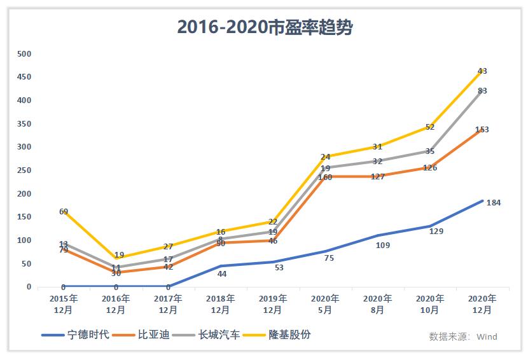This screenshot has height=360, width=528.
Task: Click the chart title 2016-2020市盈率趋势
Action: [x=265, y=27]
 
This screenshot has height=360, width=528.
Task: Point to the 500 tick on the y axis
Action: [x=24, y=54]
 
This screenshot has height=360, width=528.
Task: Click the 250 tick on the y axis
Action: [x=24, y=170]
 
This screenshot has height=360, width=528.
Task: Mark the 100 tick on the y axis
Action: [x=24, y=240]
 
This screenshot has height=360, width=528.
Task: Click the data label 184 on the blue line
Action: [x=494, y=203]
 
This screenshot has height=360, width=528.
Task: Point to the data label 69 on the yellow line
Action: [x=64, y=211]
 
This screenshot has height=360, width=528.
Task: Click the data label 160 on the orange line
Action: [x=325, y=177]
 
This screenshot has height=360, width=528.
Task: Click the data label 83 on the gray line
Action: [x=482, y=91]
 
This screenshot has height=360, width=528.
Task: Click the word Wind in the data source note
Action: [x=487, y=336]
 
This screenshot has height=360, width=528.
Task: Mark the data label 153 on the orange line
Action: [x=482, y=130]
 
